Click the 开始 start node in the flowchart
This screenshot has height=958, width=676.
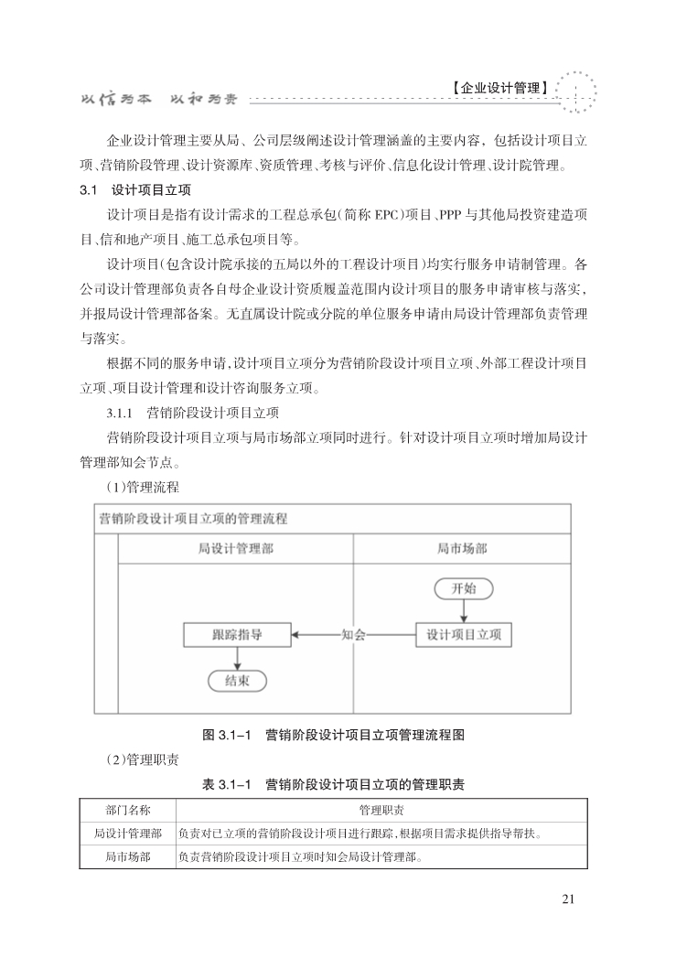click(463, 587)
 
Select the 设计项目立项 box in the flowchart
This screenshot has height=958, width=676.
click(463, 634)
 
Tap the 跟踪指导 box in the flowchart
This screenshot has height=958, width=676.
click(237, 634)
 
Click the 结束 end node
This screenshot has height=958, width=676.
click(237, 680)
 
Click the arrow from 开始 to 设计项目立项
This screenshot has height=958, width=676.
click(463, 610)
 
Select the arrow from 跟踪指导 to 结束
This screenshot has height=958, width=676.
click(237, 657)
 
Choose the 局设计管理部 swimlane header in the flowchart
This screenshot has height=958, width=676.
click(236, 549)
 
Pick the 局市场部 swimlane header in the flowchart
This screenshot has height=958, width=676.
click(462, 549)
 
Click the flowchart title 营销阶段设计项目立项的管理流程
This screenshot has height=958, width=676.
click(193, 519)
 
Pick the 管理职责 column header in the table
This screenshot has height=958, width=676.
click(382, 810)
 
